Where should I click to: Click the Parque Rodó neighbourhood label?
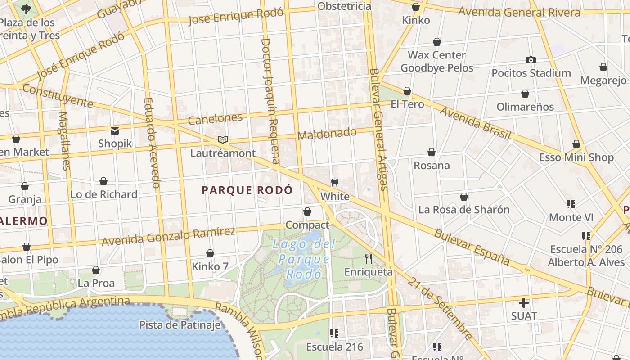pyautogui.click(x=247, y=190)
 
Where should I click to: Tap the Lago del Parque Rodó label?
pyautogui.click(x=304, y=259)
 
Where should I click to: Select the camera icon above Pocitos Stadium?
pyautogui.click(x=531, y=60)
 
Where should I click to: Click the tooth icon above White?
pyautogui.click(x=334, y=183)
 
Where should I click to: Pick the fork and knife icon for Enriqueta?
pyautogui.click(x=369, y=258)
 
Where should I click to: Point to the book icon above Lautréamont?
pyautogui.click(x=222, y=139)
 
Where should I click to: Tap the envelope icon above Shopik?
pyautogui.click(x=115, y=131)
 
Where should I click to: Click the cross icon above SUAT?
pyautogui.click(x=524, y=302)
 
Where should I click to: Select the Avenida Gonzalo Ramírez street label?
pyautogui.click(x=168, y=237)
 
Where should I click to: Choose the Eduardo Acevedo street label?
pyautogui.click(x=152, y=143)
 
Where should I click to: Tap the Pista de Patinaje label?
pyautogui.click(x=180, y=324)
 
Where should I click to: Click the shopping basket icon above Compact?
pyautogui.click(x=307, y=211)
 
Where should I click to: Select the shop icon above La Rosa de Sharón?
pyautogui.click(x=464, y=197)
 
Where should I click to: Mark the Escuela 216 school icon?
pyautogui.click(x=334, y=333)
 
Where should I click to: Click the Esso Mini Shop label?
pyautogui.click(x=576, y=157)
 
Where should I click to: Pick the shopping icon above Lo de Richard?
pyautogui.click(x=103, y=181)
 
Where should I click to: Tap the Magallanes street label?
pyautogui.click(x=64, y=141)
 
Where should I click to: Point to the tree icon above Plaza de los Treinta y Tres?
pyautogui.click(x=26, y=9)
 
